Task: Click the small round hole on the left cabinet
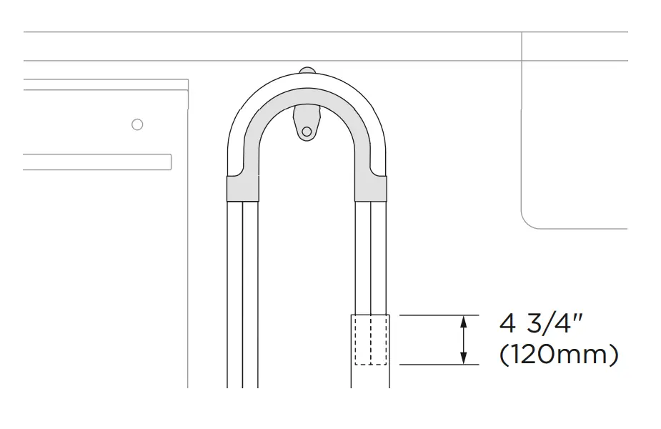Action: (x=138, y=124)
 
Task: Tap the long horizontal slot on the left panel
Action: (x=96, y=162)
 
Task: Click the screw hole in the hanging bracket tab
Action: (x=307, y=132)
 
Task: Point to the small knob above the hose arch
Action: (x=307, y=70)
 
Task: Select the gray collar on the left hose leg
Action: (x=243, y=189)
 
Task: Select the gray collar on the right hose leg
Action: (x=370, y=189)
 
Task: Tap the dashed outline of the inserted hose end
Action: (x=370, y=340)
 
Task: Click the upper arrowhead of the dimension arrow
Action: (x=464, y=321)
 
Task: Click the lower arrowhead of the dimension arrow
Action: (x=464, y=358)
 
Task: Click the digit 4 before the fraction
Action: (x=507, y=324)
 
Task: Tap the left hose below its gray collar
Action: (x=243, y=286)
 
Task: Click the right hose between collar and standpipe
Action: (x=370, y=257)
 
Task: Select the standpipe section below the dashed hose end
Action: (x=370, y=377)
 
